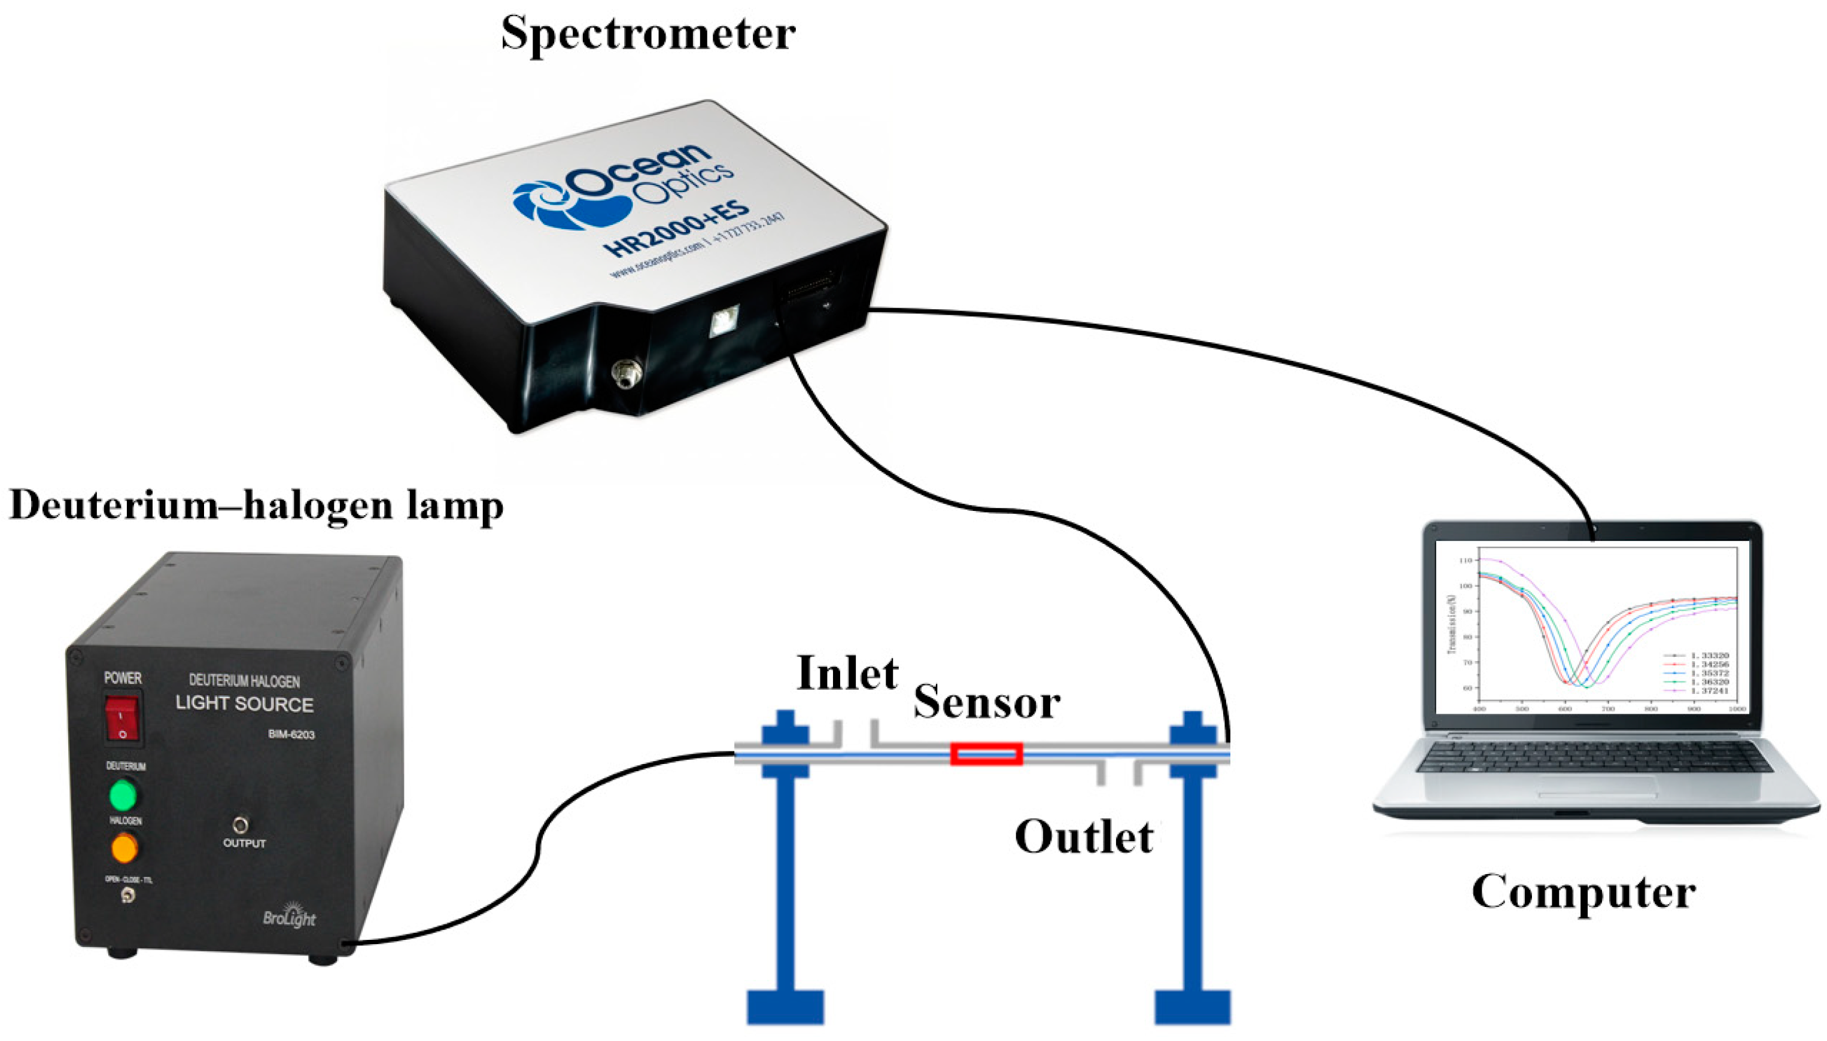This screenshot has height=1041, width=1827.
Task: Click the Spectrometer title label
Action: tap(647, 34)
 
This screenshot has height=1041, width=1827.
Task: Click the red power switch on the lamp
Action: tap(122, 719)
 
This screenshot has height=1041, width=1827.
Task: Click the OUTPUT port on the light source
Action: tap(242, 825)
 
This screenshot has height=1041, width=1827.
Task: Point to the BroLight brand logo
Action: tap(289, 916)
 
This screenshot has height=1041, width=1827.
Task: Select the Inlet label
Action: tap(847, 674)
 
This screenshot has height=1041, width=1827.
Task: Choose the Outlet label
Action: tap(1083, 836)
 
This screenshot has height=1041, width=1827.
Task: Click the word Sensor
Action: tap(987, 702)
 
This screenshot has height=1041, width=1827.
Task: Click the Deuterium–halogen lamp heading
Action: tap(256, 506)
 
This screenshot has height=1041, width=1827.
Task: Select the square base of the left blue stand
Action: tap(785, 1007)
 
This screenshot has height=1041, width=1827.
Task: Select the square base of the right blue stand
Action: tap(1192, 1007)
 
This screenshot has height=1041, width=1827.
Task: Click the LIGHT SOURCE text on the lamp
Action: tap(245, 704)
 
